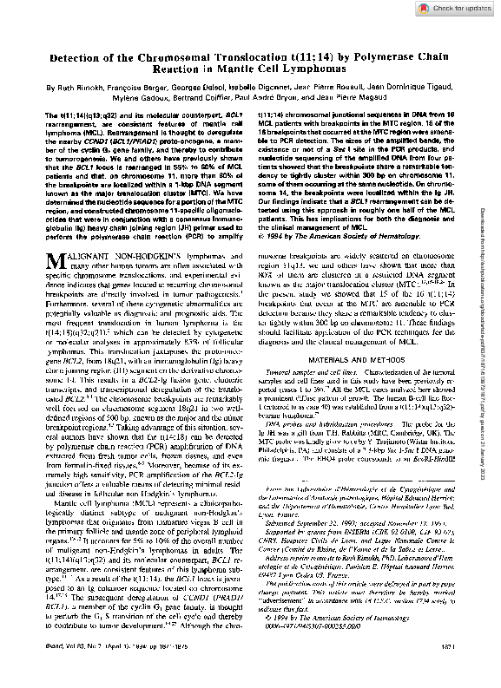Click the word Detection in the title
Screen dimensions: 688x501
79,57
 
